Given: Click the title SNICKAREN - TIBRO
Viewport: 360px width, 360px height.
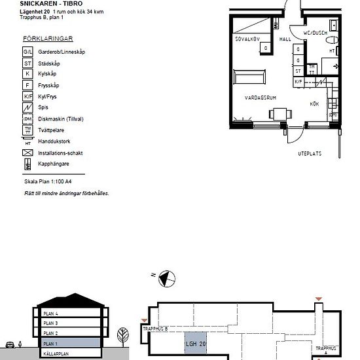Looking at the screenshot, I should click(x=46, y=3).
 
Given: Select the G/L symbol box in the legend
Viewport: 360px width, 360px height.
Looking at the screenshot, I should click(x=27, y=51).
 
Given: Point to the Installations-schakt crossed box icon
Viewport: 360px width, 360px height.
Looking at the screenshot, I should click(x=27, y=153).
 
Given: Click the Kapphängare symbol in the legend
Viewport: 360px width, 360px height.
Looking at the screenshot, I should click(x=27, y=164).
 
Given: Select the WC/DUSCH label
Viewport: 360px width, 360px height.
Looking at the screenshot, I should click(x=315, y=32).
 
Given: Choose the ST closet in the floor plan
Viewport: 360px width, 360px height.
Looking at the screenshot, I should click(x=298, y=71).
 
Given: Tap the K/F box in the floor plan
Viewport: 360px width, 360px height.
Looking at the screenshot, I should click(x=298, y=82).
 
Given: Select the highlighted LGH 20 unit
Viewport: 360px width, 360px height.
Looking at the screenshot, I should click(x=194, y=344).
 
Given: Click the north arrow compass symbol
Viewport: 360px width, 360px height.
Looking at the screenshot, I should click(x=166, y=279).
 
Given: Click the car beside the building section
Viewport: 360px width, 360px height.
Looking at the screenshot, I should click(x=11, y=344).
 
